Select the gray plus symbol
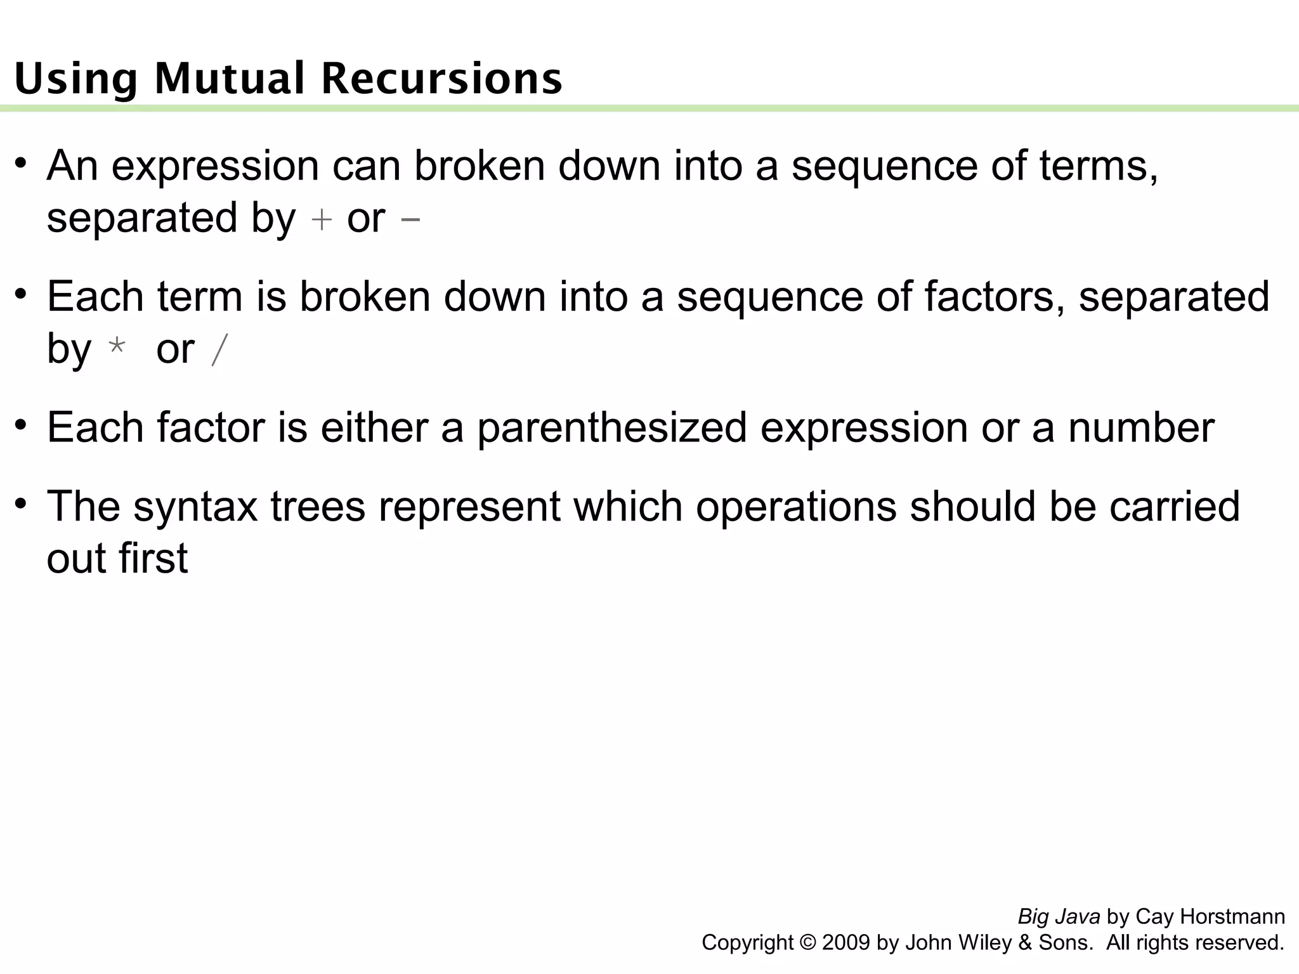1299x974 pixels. coord(322,220)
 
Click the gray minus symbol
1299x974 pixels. coord(410,220)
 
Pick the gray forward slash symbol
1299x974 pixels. coord(219,350)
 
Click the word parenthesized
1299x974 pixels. coord(611,428)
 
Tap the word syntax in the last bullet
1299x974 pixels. coord(195,507)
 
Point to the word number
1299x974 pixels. coord(1141,428)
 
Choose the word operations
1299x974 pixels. coord(796,507)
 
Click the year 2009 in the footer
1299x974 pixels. coord(846,943)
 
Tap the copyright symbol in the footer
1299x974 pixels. coord(808,943)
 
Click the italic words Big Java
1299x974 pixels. coord(1059,917)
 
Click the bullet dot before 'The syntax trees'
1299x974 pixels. coord(22,504)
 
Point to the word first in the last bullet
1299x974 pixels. coord(152,559)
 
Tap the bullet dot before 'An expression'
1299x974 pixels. coord(22,163)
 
